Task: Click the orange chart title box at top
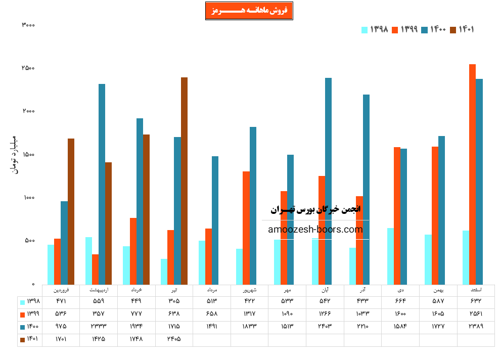click(249, 11)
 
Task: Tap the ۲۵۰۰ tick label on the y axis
click(28, 68)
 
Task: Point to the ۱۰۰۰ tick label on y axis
click(28, 198)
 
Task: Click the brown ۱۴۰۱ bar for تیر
click(184, 181)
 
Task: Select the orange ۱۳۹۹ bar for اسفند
click(472, 174)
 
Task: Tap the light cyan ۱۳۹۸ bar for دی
click(390, 256)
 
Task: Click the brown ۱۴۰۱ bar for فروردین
click(71, 211)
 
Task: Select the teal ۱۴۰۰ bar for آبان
click(328, 181)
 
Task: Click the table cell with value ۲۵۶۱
click(476, 313)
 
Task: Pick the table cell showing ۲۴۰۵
click(174, 339)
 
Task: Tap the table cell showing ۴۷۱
click(61, 301)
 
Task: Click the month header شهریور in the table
click(249, 290)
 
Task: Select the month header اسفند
click(476, 290)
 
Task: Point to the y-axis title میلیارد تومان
click(14, 155)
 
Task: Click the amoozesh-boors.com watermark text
click(315, 230)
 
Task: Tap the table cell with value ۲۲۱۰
click(362, 327)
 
